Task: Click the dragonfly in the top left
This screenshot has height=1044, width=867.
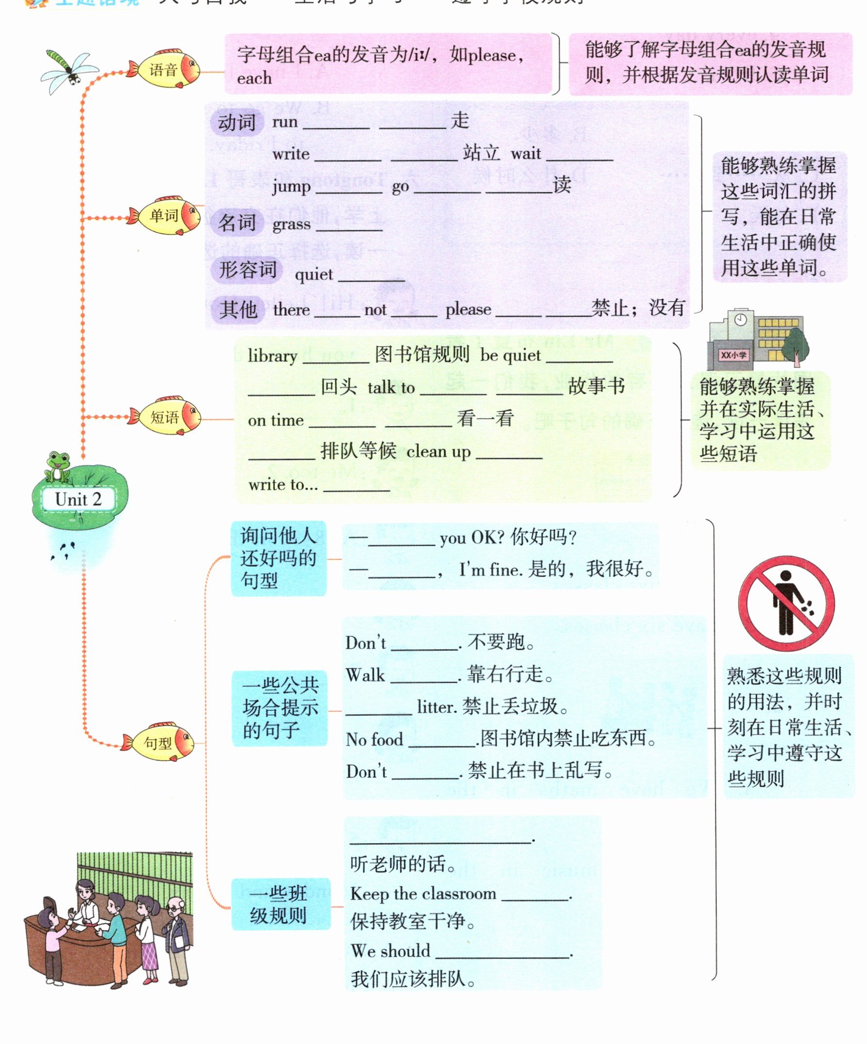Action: click(x=68, y=71)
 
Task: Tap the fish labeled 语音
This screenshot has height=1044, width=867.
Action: click(x=164, y=69)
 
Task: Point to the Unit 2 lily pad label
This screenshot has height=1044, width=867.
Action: click(x=78, y=499)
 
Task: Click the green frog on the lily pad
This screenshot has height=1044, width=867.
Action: click(x=57, y=466)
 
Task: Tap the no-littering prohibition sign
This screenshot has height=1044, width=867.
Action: click(x=786, y=603)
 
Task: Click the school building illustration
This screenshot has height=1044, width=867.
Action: click(x=756, y=340)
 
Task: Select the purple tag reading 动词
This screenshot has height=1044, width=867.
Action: click(x=237, y=122)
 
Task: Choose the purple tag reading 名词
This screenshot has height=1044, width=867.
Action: click(x=237, y=222)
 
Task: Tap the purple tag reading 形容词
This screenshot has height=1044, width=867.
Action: click(x=247, y=269)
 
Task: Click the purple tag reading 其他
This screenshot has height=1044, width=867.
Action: click(x=238, y=309)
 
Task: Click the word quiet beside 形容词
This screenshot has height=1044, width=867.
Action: click(x=314, y=274)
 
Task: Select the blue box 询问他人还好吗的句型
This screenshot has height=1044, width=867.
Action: click(x=278, y=558)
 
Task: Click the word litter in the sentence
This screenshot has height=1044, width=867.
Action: click(x=437, y=706)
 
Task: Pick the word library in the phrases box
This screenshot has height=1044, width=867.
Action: click(x=273, y=356)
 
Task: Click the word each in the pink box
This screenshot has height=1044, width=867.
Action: click(x=254, y=78)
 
